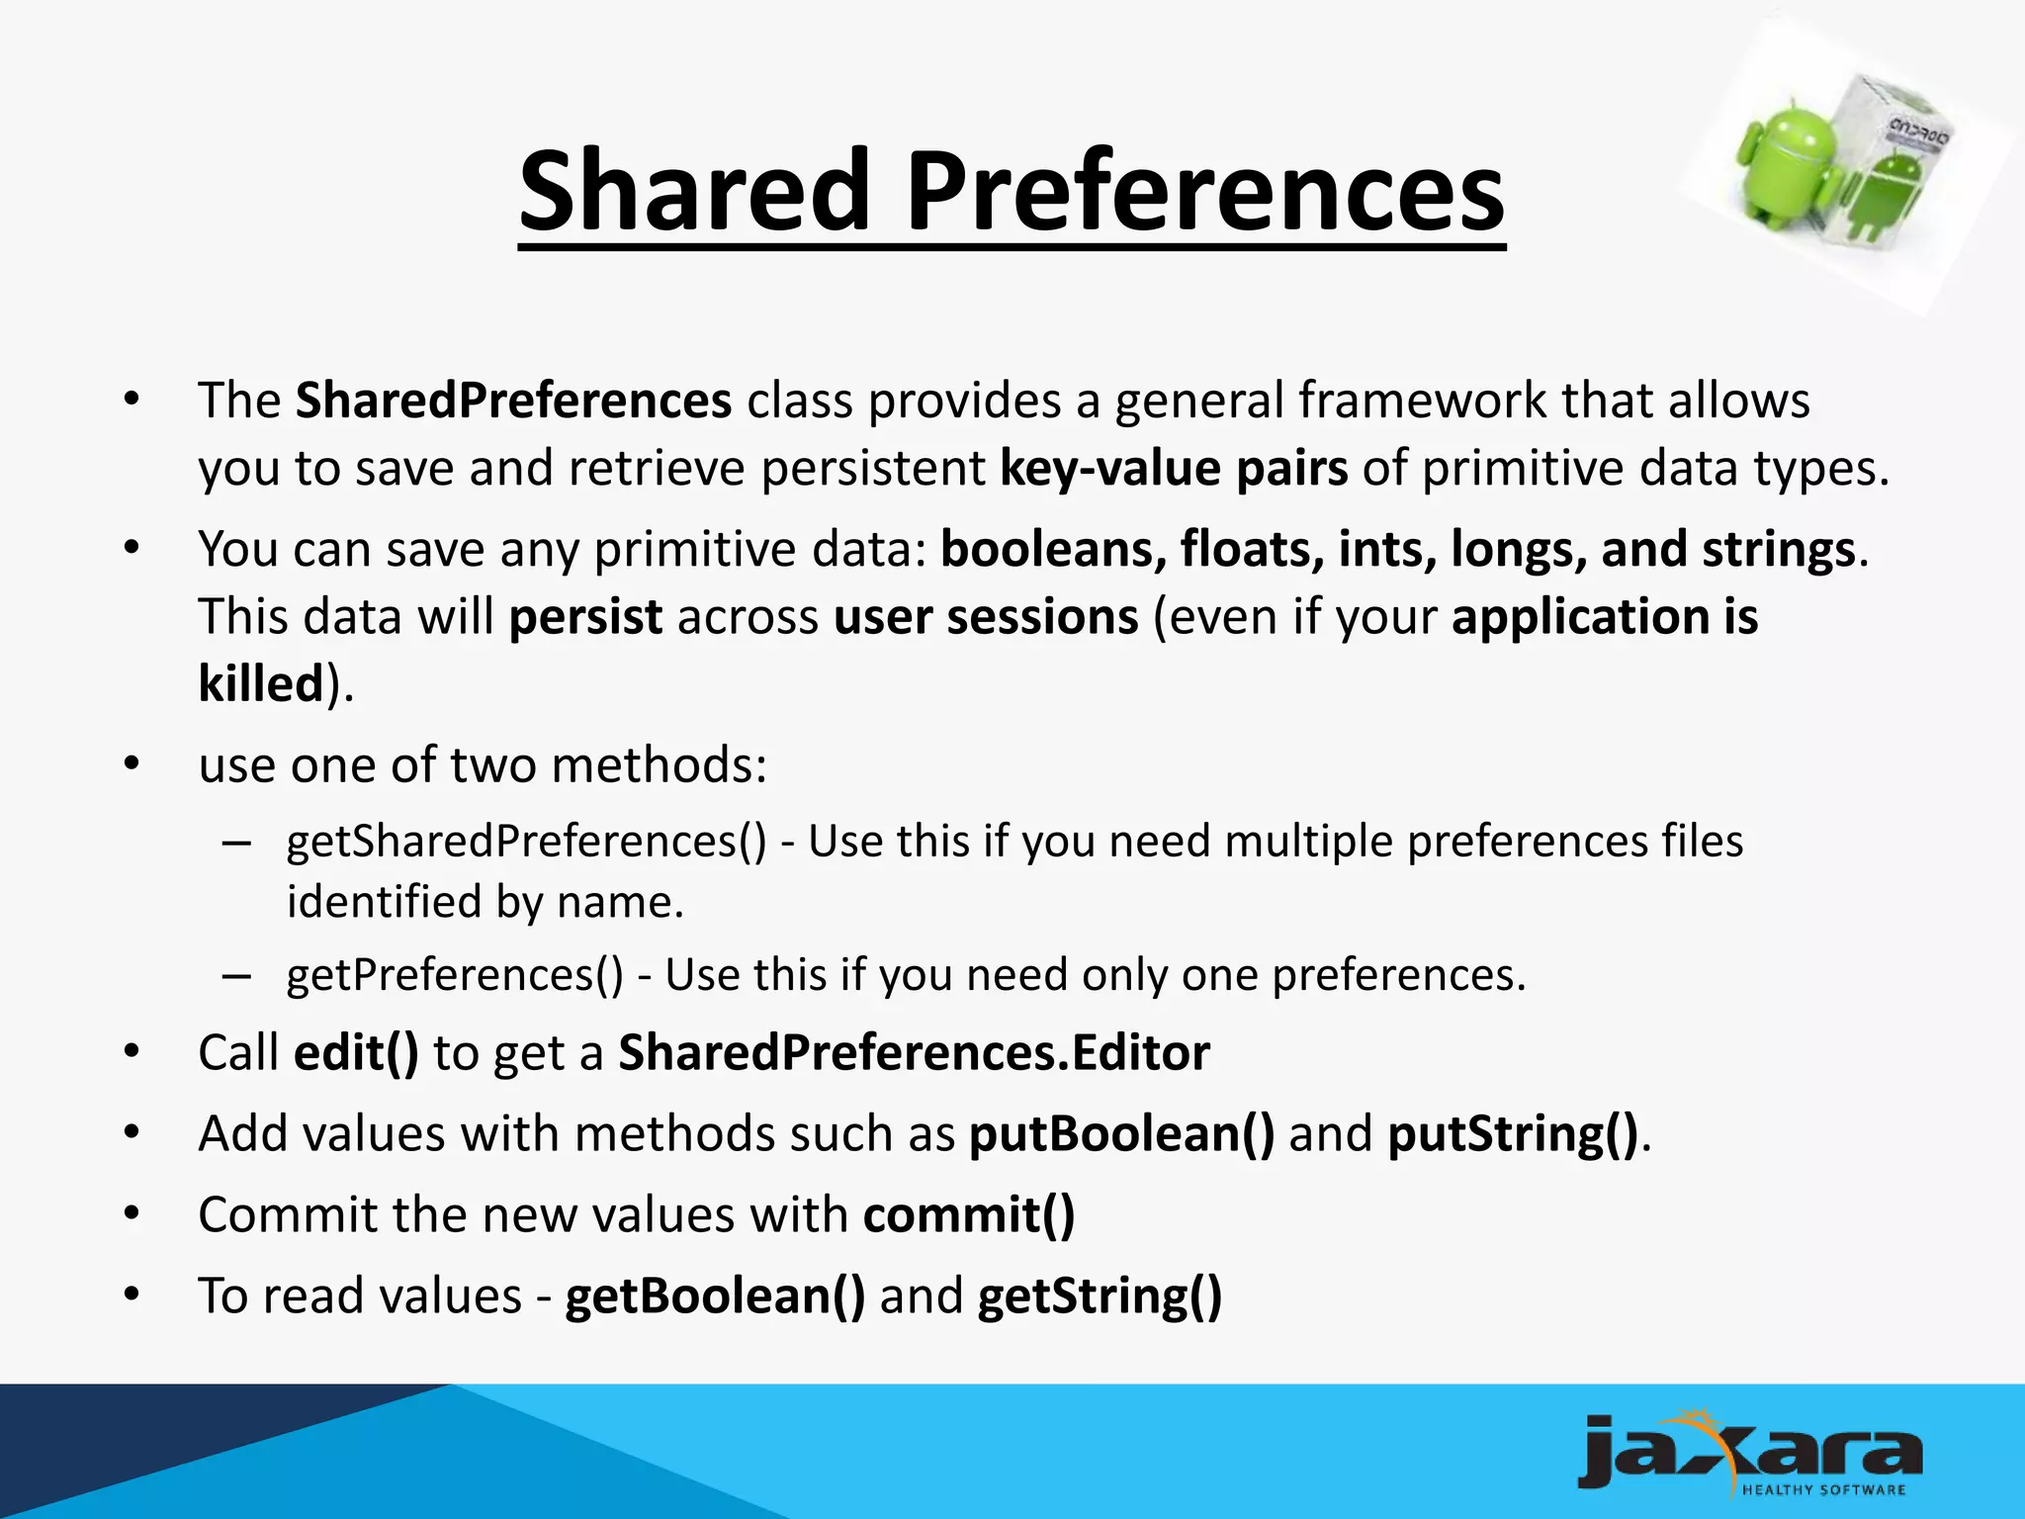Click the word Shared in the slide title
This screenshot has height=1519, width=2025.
[692, 190]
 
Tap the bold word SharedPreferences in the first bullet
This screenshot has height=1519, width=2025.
[513, 401]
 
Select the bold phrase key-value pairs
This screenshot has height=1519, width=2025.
[1174, 468]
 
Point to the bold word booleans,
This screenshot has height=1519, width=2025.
[1053, 549]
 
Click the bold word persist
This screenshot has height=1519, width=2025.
[585, 616]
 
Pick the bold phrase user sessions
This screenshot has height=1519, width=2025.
[986, 616]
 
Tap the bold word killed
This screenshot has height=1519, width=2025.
[261, 683]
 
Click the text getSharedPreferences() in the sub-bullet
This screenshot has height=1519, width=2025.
[526, 842]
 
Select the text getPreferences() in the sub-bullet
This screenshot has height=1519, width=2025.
[455, 975]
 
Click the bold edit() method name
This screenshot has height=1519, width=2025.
[356, 1052]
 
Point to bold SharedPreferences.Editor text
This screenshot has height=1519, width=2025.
[914, 1052]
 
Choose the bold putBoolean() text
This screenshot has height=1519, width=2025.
[1121, 1133]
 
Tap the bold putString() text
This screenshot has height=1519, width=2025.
[1513, 1133]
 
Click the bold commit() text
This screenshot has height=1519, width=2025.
[968, 1214]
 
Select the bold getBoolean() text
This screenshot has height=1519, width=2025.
[715, 1296]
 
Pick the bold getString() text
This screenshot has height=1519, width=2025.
[1100, 1296]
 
